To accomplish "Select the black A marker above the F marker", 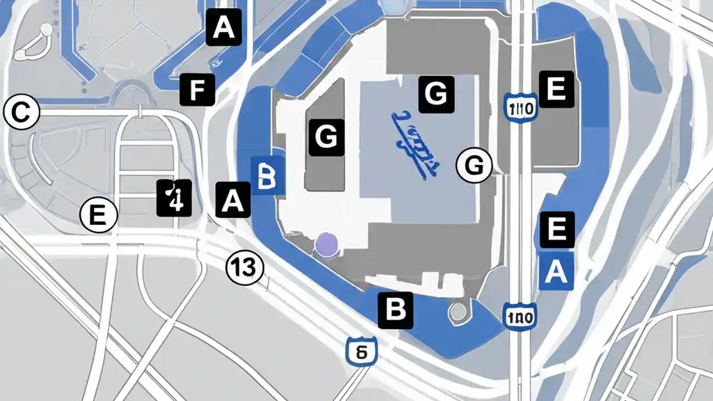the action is pos(224,27).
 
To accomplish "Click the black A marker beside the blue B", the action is pos(233,199).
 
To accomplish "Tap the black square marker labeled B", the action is pos(395,310).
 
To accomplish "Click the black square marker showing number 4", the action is pos(174,198).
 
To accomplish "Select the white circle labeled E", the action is pos(99,216).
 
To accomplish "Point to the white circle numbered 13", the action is pos(244,268).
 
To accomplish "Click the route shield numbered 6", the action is pos(361,351).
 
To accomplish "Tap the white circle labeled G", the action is pos(474,165).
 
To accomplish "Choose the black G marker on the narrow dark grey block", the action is pos(326,136).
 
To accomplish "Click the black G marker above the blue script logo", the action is pos(436,95).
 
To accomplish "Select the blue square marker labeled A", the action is pos(556,272).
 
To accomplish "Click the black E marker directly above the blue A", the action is pos(557,229).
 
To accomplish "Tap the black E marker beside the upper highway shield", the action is pos(556,89).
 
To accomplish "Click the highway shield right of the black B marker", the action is pos(519,317).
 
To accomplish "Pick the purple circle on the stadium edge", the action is pos(326,245).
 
